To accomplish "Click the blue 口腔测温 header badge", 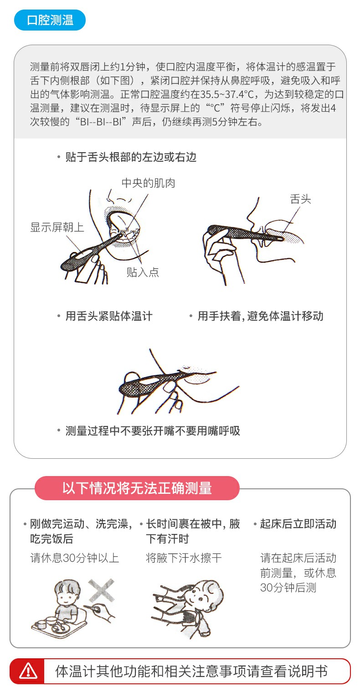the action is click(50, 20).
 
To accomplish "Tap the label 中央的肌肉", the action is click(148, 183).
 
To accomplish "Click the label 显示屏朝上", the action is click(57, 227).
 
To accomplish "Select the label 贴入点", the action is click(143, 272).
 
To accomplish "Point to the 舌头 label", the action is click(300, 199).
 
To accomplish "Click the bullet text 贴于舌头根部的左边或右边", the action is click(131, 157).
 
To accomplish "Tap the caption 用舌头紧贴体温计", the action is click(109, 316).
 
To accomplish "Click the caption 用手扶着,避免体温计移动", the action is click(260, 316).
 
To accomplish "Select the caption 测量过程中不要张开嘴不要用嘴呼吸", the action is click(153, 431).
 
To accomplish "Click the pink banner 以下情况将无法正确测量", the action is click(137, 488).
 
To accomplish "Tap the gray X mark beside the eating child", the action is click(102, 591).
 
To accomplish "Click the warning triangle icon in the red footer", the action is click(28, 671).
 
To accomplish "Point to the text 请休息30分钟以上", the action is click(75, 558).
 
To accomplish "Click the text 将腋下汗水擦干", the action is click(184, 558).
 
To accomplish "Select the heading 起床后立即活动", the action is click(298, 524).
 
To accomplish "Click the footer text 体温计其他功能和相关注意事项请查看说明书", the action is click(191, 671).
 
